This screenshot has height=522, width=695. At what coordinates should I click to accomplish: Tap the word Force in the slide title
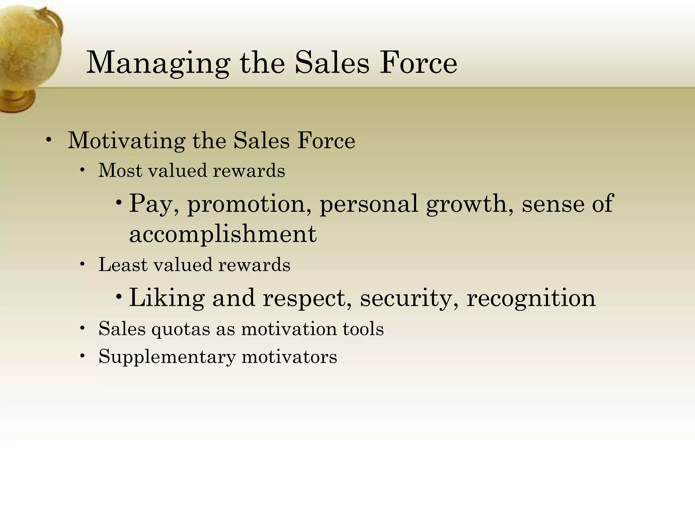coord(418,63)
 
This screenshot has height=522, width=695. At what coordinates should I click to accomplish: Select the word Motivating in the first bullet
coord(126,141)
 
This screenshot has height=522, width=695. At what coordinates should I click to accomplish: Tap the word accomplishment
coord(223,234)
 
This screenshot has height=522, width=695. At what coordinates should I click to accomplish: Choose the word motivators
coord(289,357)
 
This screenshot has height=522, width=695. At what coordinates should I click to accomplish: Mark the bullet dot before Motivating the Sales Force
coord(49,141)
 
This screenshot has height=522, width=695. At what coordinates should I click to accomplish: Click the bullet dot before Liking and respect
coord(118,297)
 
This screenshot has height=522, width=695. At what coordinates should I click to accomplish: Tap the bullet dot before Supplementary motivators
coord(82,356)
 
